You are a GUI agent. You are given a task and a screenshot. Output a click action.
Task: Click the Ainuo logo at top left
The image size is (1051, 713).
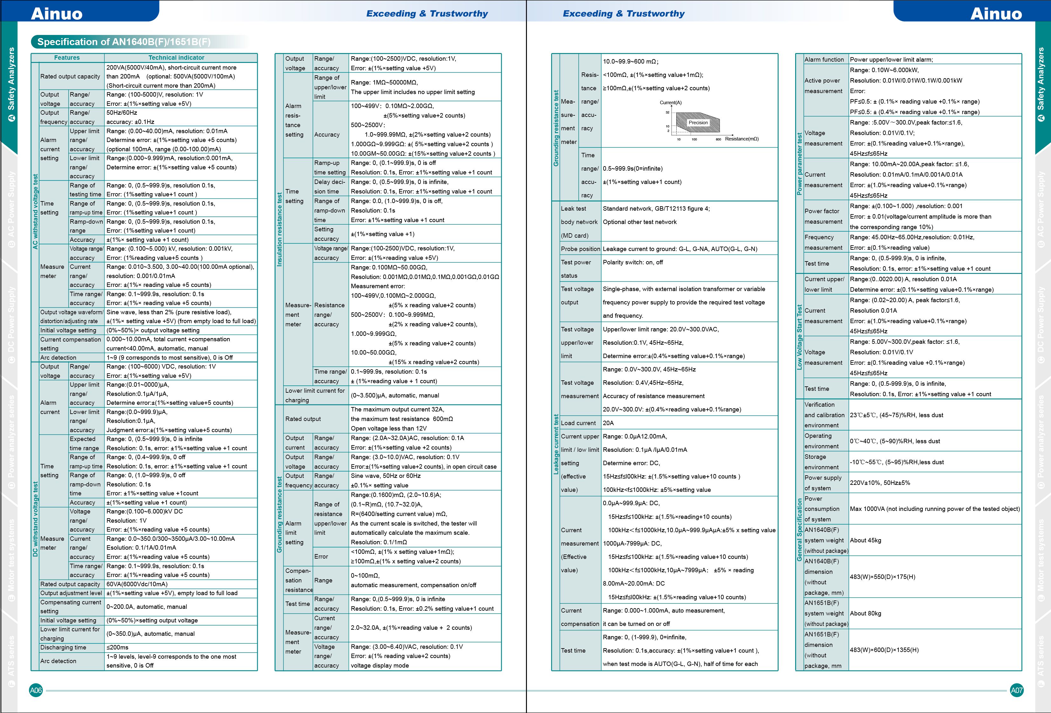[x=57, y=14]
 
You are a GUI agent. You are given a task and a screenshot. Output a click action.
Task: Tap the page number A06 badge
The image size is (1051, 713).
[x=36, y=690]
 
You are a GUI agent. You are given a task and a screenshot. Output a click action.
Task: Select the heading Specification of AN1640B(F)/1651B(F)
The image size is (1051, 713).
[x=123, y=42]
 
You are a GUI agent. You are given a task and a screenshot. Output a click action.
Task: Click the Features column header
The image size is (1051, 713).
[x=67, y=58]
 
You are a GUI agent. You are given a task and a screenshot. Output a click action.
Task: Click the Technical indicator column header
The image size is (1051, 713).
[x=176, y=58]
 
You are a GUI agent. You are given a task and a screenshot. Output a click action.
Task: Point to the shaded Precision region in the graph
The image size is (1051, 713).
[x=698, y=123]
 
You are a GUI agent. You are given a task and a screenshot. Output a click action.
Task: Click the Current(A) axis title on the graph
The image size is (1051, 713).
[x=671, y=103]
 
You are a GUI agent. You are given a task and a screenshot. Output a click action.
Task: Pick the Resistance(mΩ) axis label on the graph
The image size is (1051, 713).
[x=742, y=139]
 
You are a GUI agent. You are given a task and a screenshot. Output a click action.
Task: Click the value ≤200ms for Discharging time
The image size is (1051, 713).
[x=118, y=648]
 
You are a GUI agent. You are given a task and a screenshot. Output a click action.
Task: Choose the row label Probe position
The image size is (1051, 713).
[x=580, y=249]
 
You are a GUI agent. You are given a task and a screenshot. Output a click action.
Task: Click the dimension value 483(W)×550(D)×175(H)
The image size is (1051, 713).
[x=882, y=577]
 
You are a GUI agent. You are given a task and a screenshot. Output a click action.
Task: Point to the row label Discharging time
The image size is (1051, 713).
[x=63, y=648]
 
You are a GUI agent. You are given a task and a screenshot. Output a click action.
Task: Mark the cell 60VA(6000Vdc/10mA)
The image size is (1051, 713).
[x=137, y=584]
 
